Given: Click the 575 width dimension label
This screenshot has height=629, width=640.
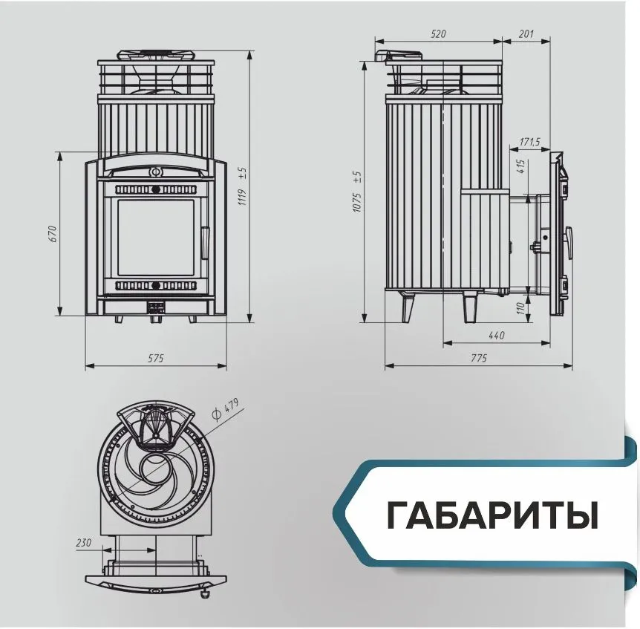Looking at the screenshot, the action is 155,358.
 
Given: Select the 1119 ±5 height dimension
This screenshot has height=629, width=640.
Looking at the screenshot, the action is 243,186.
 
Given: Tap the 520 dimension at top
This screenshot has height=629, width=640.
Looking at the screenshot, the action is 438,34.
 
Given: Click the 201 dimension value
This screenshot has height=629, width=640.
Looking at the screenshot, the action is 526,33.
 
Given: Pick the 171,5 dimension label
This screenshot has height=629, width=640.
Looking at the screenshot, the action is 530,142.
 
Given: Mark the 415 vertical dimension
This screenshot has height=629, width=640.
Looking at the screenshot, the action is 520,166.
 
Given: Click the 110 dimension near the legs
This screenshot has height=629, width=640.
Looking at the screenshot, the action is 520,308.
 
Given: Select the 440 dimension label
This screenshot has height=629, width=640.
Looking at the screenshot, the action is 496,336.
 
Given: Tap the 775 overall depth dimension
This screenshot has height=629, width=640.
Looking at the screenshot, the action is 479,358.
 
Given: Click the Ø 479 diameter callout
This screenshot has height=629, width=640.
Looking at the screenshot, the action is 225,408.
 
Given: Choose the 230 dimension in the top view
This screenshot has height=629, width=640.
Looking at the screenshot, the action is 84,542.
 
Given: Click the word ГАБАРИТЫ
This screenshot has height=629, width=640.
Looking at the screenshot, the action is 492,515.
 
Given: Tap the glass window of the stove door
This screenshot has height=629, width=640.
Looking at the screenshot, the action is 156,238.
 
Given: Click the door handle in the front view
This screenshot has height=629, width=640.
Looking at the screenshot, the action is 204,243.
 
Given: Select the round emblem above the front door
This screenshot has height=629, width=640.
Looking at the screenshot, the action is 155,172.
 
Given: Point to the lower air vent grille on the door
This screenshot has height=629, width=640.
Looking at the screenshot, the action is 155,285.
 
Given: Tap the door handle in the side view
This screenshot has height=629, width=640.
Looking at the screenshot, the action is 568,243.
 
